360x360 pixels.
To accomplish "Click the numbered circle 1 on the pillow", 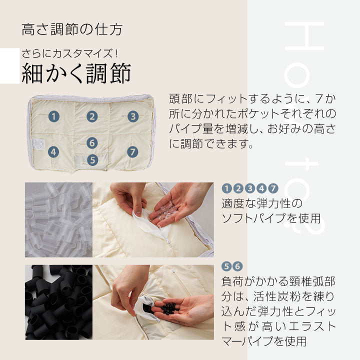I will point(54,116).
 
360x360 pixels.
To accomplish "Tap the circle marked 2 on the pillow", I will point(91,116).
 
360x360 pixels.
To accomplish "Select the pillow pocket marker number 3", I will point(132,116).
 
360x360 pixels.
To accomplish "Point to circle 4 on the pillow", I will point(53,152).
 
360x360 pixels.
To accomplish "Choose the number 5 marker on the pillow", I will point(92,160).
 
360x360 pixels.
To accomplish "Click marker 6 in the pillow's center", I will point(91,143).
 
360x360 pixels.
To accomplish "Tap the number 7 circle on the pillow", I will point(132,151).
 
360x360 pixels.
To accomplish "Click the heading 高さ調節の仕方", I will point(72,28).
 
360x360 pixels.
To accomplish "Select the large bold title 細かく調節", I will point(76,73).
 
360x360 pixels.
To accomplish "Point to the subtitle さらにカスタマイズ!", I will point(69,53).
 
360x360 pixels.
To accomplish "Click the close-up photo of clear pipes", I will point(58,219).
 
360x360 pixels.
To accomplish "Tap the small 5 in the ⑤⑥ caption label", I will point(226,266).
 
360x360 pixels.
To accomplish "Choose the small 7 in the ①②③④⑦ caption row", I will point(272,188).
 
